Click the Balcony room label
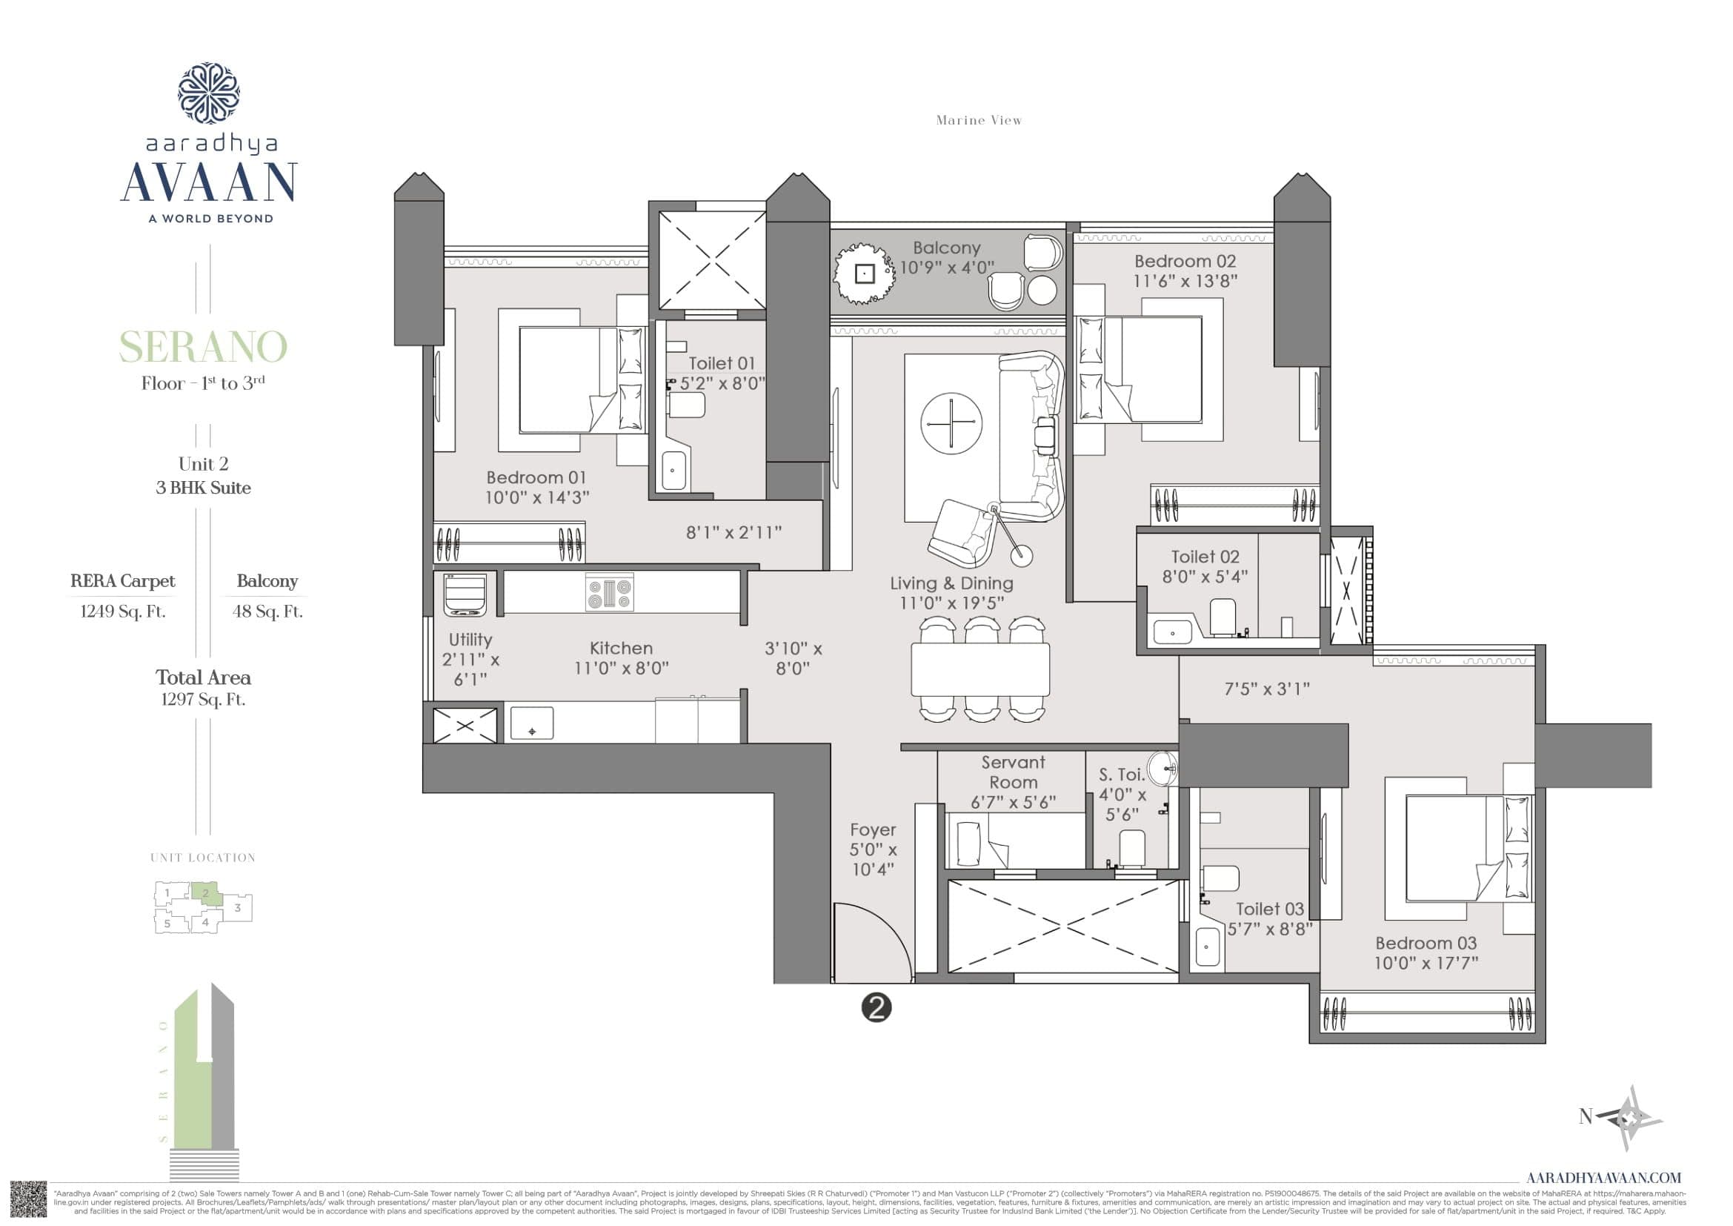tap(946, 248)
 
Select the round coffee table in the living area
tap(951, 423)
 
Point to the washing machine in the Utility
tap(465, 594)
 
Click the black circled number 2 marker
tap(877, 1007)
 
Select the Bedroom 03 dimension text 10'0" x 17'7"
tap(1426, 964)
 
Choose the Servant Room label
tap(1013, 772)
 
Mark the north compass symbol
tap(1630, 1117)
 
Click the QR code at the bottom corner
tap(29, 1199)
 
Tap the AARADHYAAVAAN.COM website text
tap(1603, 1177)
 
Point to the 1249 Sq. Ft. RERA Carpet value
tap(123, 612)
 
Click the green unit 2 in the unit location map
tap(204, 893)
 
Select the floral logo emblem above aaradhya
tap(209, 93)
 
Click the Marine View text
tap(978, 120)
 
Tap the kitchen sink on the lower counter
tap(531, 723)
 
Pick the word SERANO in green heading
tap(203, 346)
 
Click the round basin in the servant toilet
tap(1163, 769)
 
